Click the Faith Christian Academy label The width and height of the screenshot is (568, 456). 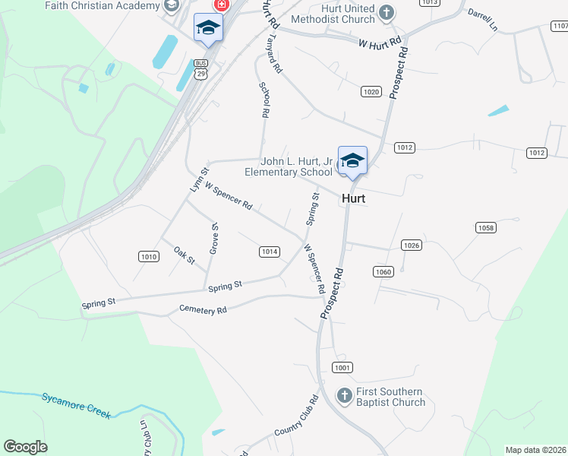(x=99, y=5)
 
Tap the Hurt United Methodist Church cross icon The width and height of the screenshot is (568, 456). (x=387, y=11)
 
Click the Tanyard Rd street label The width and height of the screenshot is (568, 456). (x=276, y=56)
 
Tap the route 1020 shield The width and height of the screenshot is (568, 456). (x=371, y=92)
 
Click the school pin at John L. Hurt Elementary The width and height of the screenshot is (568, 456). (x=352, y=161)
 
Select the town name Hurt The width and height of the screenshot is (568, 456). (x=354, y=198)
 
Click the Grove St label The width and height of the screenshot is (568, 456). (x=214, y=238)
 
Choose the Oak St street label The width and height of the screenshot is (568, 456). (x=185, y=255)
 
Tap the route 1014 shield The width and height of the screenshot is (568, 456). (x=270, y=252)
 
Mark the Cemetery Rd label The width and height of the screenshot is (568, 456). (x=203, y=310)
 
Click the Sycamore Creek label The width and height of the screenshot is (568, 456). (x=76, y=405)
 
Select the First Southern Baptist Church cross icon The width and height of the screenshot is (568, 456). (x=344, y=395)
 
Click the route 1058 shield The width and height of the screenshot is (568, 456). (x=485, y=227)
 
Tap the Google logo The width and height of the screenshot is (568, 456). (x=25, y=447)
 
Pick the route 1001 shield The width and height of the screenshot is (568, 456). (x=342, y=368)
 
